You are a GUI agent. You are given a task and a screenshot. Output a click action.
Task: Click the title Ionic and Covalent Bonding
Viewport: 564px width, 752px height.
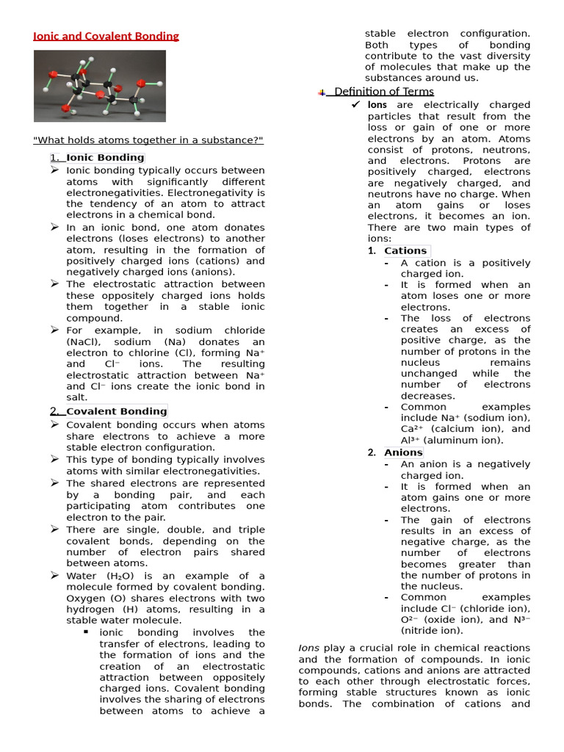(x=106, y=36)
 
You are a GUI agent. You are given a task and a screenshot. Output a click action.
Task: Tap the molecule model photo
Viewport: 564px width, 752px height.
(x=99, y=86)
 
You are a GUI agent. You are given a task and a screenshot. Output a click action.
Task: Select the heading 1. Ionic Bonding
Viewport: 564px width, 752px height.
(x=97, y=157)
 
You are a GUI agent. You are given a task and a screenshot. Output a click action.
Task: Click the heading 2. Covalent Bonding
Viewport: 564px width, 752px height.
(x=108, y=411)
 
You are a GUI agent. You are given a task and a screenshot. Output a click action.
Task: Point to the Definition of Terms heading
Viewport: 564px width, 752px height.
(x=383, y=92)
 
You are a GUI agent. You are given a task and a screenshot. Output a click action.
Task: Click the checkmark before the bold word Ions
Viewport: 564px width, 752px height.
(x=355, y=105)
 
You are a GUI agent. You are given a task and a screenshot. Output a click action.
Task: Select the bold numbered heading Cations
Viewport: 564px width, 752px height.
(x=405, y=250)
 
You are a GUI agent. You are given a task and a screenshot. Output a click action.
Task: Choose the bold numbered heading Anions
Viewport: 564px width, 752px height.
(x=403, y=452)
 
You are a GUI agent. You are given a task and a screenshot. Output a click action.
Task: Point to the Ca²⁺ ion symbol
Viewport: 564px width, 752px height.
(x=412, y=429)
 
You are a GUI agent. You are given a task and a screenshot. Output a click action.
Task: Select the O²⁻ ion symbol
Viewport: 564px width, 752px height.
(x=411, y=620)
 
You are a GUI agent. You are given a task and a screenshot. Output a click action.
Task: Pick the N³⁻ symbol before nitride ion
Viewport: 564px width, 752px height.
(x=521, y=620)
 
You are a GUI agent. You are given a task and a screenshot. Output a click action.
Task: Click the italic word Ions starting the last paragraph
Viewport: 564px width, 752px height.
(x=308, y=648)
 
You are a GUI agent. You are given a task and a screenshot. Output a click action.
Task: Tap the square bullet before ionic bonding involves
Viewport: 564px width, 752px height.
(x=86, y=632)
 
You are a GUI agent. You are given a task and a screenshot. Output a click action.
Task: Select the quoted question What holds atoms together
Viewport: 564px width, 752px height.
(x=148, y=141)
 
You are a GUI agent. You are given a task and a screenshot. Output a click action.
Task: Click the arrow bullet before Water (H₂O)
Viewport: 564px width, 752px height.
(x=55, y=575)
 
